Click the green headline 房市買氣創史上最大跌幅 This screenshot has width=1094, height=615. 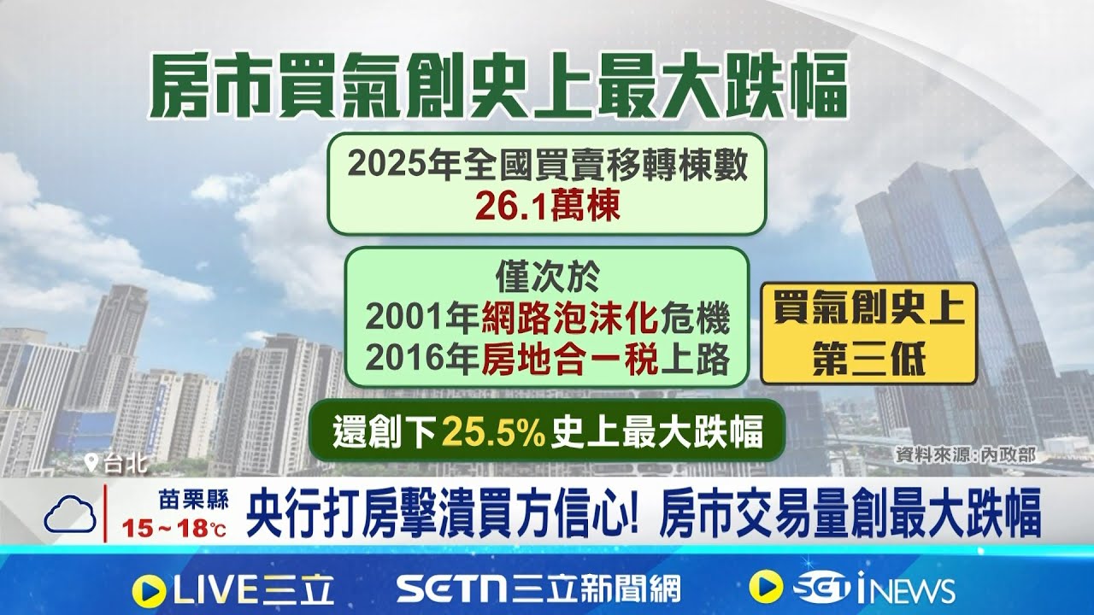coord(498,85)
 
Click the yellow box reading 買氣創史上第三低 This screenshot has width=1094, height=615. coord(868,334)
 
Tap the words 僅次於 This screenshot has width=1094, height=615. coord(548,278)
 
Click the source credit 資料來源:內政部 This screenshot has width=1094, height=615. coord(964,454)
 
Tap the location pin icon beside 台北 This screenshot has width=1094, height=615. coord(91,464)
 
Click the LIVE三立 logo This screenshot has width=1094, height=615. coord(233,589)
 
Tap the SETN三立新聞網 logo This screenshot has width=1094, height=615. coord(538,589)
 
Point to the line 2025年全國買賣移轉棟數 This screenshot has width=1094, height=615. coord(548,165)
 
